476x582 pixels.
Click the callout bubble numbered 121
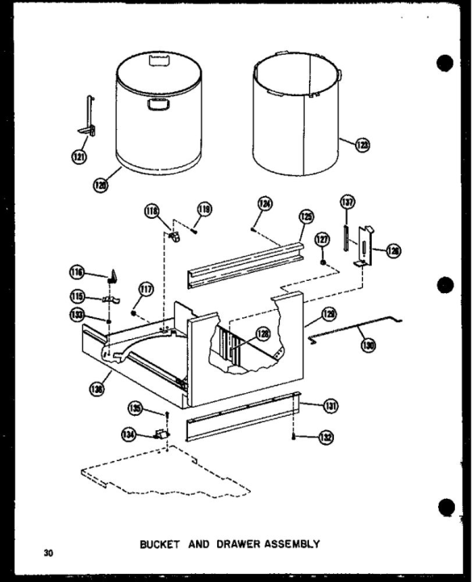pos(79,157)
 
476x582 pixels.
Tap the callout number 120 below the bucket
pos(100,185)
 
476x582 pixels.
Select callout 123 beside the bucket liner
pos(362,144)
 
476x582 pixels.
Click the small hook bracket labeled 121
pos(87,117)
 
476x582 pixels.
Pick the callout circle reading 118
pos(152,211)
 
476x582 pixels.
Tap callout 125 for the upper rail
pos(306,216)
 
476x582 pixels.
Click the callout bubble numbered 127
pos(323,239)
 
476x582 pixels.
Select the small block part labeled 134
pos(161,435)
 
